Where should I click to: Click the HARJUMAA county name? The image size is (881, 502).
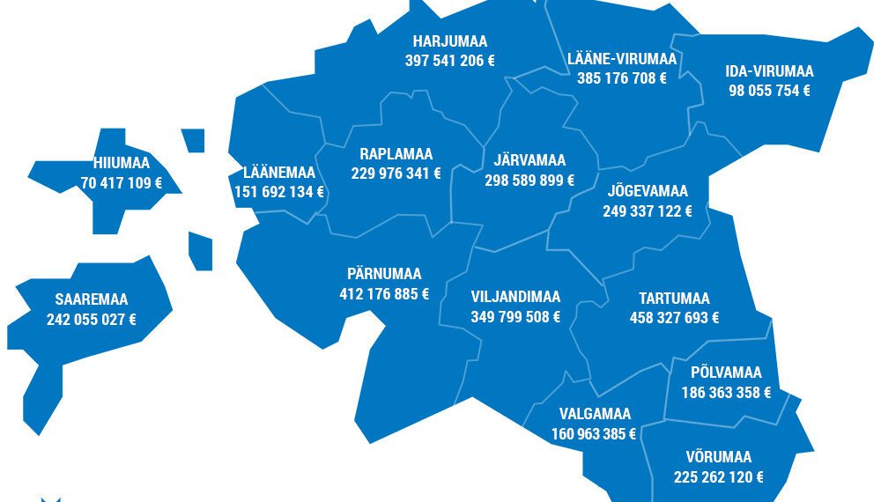tap(449, 41)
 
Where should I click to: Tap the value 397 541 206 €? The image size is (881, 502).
tap(449, 61)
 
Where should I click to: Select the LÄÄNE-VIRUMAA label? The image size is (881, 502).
tap(622, 59)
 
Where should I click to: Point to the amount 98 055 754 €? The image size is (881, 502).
tap(769, 90)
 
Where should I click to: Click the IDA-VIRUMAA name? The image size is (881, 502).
tap(769, 71)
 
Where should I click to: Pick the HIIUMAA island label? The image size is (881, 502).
tap(122, 163)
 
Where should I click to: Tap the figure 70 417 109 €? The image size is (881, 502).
tap(122, 183)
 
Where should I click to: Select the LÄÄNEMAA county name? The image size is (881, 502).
tap(279, 172)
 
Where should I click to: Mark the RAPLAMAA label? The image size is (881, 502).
tap(396, 154)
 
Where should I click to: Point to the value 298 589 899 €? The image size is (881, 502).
tap(529, 180)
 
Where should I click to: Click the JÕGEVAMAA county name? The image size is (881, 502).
tap(648, 191)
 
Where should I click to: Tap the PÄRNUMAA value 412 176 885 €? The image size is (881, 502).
tap(384, 293)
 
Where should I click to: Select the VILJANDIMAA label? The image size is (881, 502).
tap(515, 297)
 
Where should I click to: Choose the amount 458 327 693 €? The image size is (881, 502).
tap(674, 318)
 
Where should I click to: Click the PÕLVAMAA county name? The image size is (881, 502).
tap(726, 373)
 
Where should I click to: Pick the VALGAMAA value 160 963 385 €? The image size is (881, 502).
tap(594, 433)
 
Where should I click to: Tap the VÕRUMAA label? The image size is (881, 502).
tap(718, 457)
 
